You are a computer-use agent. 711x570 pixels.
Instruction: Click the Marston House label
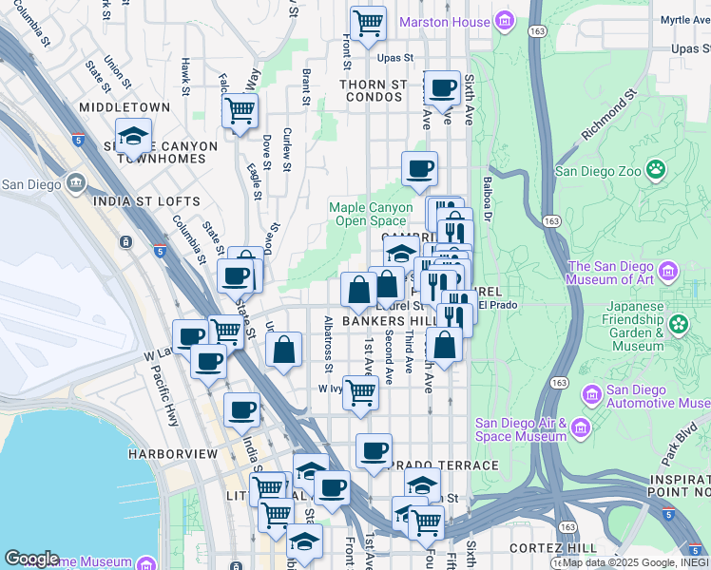[445, 21]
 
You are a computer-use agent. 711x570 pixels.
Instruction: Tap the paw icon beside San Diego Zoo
[656, 170]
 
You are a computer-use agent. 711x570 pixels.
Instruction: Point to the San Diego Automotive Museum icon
[591, 393]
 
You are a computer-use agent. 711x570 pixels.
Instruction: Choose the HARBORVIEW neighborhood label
[174, 455]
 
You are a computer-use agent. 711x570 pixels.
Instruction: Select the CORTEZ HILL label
[552, 548]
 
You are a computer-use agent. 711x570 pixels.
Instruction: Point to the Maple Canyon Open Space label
[371, 214]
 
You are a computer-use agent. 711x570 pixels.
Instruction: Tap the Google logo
[31, 559]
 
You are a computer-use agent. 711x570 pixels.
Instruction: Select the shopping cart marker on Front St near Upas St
[368, 22]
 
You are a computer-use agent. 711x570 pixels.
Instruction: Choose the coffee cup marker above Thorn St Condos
[442, 88]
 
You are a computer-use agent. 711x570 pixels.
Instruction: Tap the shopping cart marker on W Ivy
[359, 390]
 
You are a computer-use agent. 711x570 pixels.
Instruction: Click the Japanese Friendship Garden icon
[678, 324]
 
